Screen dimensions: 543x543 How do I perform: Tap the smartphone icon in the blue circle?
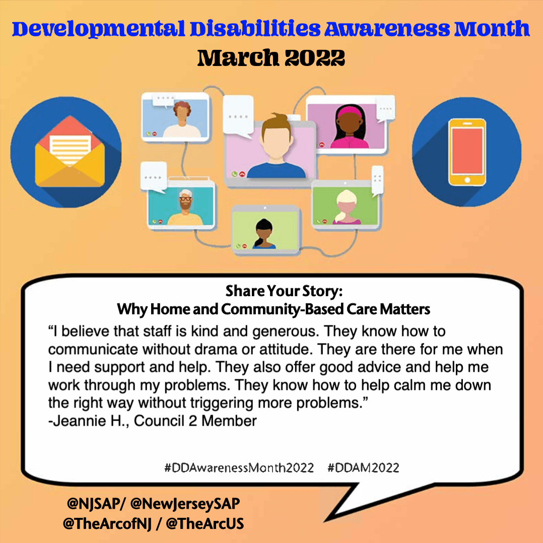click(x=467, y=152)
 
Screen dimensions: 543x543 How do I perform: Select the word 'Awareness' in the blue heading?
click(x=387, y=29)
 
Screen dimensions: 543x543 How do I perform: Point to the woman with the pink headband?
click(x=350, y=127)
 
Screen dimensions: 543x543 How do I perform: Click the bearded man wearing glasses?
click(x=185, y=208)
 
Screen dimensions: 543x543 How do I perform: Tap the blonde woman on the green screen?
click(x=347, y=207)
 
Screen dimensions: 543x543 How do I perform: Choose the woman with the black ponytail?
click(x=264, y=234)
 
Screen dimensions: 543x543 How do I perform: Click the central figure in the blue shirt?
click(x=277, y=147)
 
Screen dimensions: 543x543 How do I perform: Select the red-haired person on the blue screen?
click(x=182, y=119)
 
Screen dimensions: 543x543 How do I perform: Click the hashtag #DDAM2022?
click(x=363, y=468)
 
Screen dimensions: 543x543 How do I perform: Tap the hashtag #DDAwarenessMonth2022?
click(x=239, y=468)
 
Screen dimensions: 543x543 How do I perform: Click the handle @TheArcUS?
click(x=205, y=523)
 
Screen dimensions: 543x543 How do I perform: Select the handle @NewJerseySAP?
click(x=185, y=504)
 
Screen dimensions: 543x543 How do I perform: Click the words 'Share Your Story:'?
click(x=284, y=291)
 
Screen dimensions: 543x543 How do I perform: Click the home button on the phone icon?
click(x=467, y=180)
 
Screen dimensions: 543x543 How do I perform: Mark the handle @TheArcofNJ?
click(x=107, y=523)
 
